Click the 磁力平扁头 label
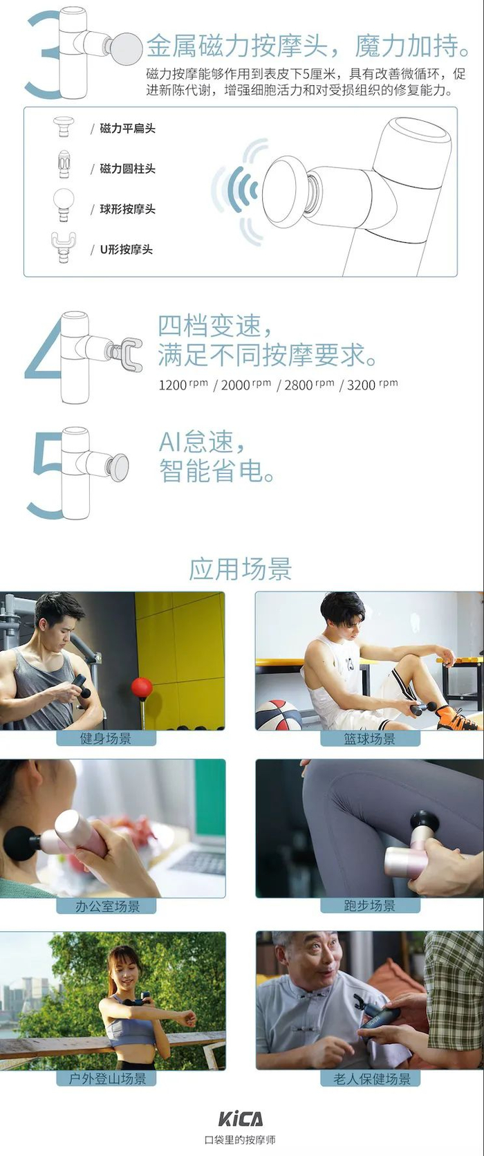pyautogui.click(x=127, y=129)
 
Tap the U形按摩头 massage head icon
pyautogui.click(x=64, y=247)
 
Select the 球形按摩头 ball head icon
pyautogui.click(x=64, y=204)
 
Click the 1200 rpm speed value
pyautogui.click(x=183, y=385)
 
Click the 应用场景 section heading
pyautogui.click(x=241, y=569)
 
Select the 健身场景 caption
pyautogui.click(x=106, y=739)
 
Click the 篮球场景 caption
pyautogui.click(x=370, y=739)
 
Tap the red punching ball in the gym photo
pyautogui.click(x=142, y=688)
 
